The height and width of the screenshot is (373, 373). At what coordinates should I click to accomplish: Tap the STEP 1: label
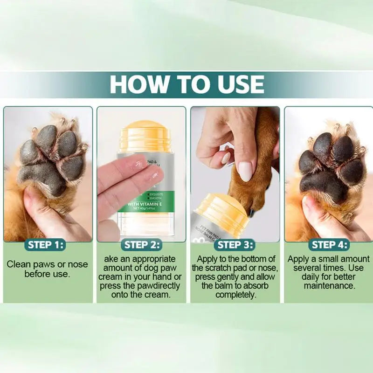(46, 244)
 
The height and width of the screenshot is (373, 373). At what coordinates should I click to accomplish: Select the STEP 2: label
(142, 244)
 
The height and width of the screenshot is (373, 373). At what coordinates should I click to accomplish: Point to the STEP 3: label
(235, 244)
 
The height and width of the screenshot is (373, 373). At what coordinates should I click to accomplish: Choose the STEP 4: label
(329, 244)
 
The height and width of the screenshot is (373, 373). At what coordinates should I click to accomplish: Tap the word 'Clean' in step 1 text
(18, 264)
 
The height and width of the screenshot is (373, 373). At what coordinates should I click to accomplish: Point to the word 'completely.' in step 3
(235, 294)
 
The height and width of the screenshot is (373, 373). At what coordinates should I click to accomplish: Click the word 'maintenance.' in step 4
(329, 285)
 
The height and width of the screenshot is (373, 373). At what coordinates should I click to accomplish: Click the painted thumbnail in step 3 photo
(245, 171)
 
